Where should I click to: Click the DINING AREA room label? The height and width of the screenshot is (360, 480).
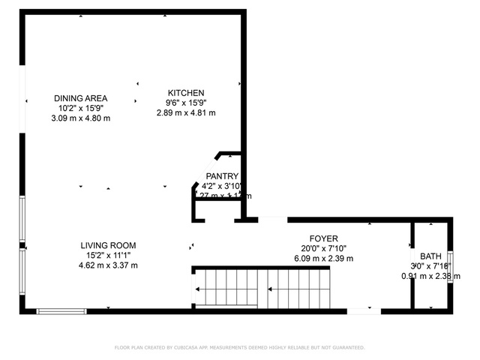[x=80, y=98]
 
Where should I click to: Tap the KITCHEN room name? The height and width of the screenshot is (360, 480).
[x=185, y=93]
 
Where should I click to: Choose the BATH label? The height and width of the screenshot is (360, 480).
[x=430, y=256]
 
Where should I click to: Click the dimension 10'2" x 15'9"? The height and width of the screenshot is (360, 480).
[x=80, y=108]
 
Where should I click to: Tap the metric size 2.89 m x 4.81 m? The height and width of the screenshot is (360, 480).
[x=185, y=112]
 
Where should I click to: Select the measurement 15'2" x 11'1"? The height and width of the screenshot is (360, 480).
[x=108, y=255]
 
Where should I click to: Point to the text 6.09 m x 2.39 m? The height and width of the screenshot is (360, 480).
[x=323, y=259]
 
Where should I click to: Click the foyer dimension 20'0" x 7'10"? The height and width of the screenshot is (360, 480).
[x=323, y=249]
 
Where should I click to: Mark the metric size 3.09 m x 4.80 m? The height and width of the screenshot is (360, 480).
[x=80, y=118]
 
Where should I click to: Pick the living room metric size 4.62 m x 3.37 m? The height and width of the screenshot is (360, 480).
[x=108, y=265]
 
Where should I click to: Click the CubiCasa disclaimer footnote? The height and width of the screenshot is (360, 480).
[x=239, y=347]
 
